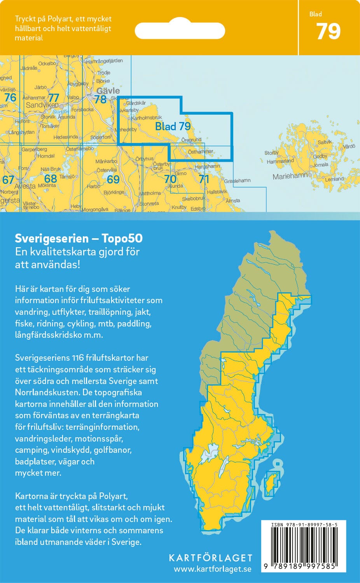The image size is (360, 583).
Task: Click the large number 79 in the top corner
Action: (x=329, y=32)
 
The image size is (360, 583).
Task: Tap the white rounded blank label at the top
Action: (x=180, y=31)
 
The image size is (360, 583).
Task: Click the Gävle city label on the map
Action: (x=108, y=91)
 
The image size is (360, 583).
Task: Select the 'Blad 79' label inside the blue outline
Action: (x=173, y=126)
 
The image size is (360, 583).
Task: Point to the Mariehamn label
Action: (x=290, y=176)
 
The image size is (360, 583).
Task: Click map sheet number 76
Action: (x=10, y=97)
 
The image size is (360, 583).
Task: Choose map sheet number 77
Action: (x=53, y=98)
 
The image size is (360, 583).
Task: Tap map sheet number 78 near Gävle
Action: (x=100, y=99)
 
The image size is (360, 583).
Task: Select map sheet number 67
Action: (x=8, y=180)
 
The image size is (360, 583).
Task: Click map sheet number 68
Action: (x=51, y=179)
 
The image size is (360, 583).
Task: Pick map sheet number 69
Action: (x=113, y=179)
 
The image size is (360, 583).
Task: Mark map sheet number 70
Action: (x=170, y=179)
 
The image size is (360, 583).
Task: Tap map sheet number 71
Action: (x=204, y=179)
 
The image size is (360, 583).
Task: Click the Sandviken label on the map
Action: (x=42, y=105)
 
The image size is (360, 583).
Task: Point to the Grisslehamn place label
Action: (x=237, y=181)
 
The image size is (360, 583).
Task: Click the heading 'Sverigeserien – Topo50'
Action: (x=79, y=238)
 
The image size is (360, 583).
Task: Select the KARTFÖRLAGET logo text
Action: (x=210, y=558)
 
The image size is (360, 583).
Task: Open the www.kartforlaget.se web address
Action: (x=212, y=569)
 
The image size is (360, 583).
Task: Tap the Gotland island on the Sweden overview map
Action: (x=271, y=483)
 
